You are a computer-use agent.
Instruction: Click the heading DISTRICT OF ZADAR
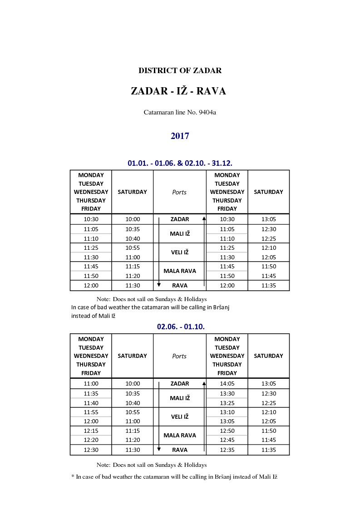pos(180,71)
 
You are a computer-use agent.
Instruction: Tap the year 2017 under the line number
pos(180,136)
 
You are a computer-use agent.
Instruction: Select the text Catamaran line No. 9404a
pos(180,112)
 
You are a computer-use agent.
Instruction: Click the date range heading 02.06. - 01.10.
pos(180,327)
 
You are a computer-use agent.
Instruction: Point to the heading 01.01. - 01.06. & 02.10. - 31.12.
pos(180,163)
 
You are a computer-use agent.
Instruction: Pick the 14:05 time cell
pos(227,384)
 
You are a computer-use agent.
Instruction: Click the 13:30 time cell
pos(227,394)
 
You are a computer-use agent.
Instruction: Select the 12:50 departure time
pos(227,431)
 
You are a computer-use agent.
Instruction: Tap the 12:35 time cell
pos(227,450)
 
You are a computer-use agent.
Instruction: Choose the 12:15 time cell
pos(91,431)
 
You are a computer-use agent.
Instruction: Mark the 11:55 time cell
pos(91,412)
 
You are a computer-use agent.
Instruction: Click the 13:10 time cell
pos(227,412)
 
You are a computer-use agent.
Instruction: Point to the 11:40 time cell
pos(91,403)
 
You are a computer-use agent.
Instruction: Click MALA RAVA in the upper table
pos(180,271)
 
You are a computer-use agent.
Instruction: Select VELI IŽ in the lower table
pos(180,417)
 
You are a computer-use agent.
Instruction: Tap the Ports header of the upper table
pos(179,192)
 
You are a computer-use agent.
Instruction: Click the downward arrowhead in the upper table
pos(159,285)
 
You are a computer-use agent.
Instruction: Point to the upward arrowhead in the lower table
pos(204,383)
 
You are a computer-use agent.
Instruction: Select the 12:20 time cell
pos(91,440)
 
